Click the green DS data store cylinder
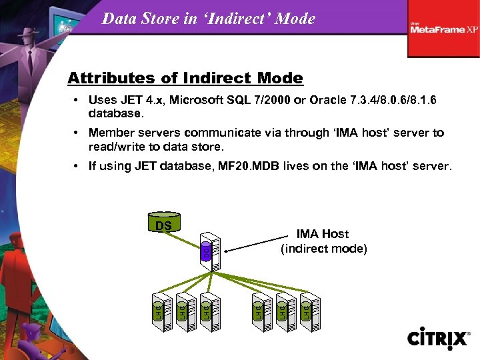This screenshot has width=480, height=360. pos(163,225)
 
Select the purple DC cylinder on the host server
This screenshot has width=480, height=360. pos(206,252)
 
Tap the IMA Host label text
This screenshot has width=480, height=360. pos(323,234)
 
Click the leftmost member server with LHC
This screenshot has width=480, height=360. pos(159,310)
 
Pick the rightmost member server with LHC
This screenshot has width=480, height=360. pos(308,310)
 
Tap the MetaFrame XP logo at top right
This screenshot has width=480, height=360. pos(444,29)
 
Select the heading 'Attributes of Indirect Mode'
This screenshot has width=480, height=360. pos(185,79)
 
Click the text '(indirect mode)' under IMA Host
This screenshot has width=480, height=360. pos(323,249)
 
